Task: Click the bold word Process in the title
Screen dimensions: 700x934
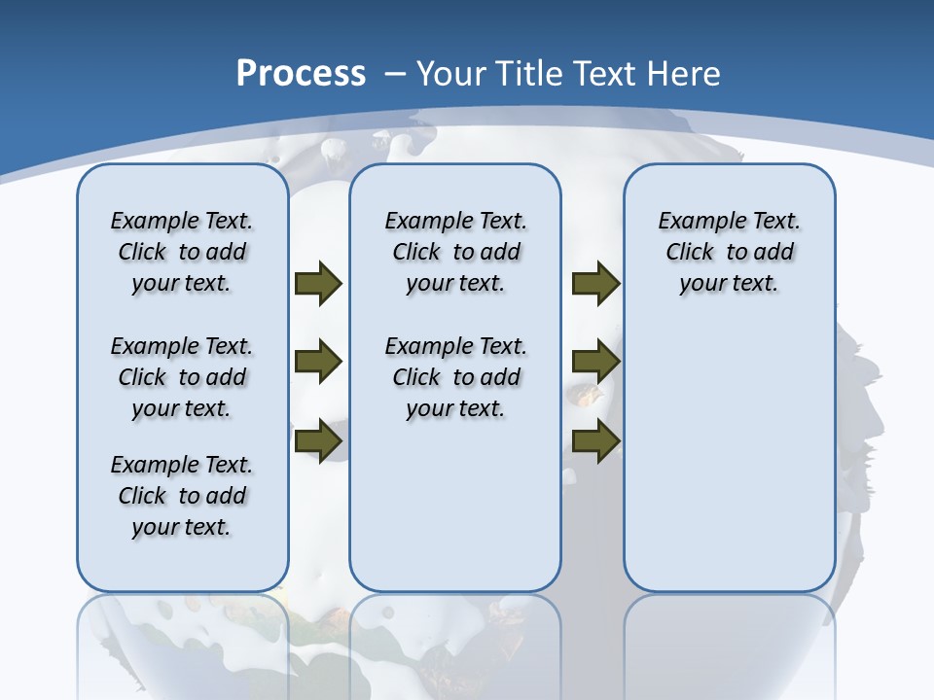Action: pyautogui.click(x=301, y=74)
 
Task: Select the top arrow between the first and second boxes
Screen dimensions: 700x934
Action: pyautogui.click(x=318, y=283)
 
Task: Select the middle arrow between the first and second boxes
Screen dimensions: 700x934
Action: pyautogui.click(x=318, y=362)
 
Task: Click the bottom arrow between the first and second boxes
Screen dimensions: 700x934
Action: pyautogui.click(x=318, y=440)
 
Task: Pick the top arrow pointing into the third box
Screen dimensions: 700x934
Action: pyautogui.click(x=595, y=283)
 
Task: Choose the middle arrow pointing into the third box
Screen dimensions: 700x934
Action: pyautogui.click(x=595, y=362)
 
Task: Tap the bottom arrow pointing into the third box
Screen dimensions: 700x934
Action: pyautogui.click(x=595, y=440)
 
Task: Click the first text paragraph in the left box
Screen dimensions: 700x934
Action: pyautogui.click(x=182, y=252)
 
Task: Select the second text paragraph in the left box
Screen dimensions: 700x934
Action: pyautogui.click(x=182, y=377)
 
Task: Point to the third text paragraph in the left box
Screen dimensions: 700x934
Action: pyautogui.click(x=182, y=496)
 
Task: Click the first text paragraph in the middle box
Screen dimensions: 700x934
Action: pyautogui.click(x=456, y=252)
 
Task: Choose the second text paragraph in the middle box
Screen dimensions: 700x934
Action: pyautogui.click(x=456, y=377)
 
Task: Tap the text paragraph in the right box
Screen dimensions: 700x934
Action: pyautogui.click(x=730, y=252)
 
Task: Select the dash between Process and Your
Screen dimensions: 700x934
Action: pyautogui.click(x=394, y=74)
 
